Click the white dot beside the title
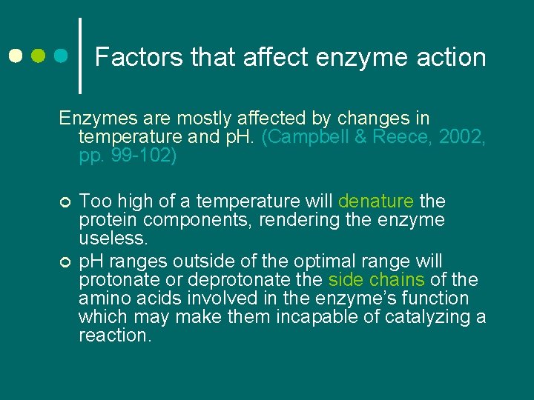coord(16,56)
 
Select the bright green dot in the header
coord(39,56)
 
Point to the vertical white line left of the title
coord(80,56)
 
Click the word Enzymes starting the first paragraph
coord(92,119)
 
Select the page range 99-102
coord(130,156)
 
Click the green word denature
coord(375,201)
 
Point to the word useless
coord(113,238)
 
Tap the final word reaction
coord(115,336)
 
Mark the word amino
coord(102,299)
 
